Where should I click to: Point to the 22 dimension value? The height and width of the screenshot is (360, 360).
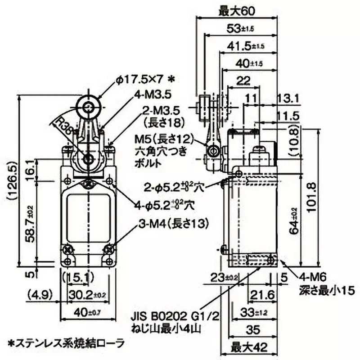click(243, 81)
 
